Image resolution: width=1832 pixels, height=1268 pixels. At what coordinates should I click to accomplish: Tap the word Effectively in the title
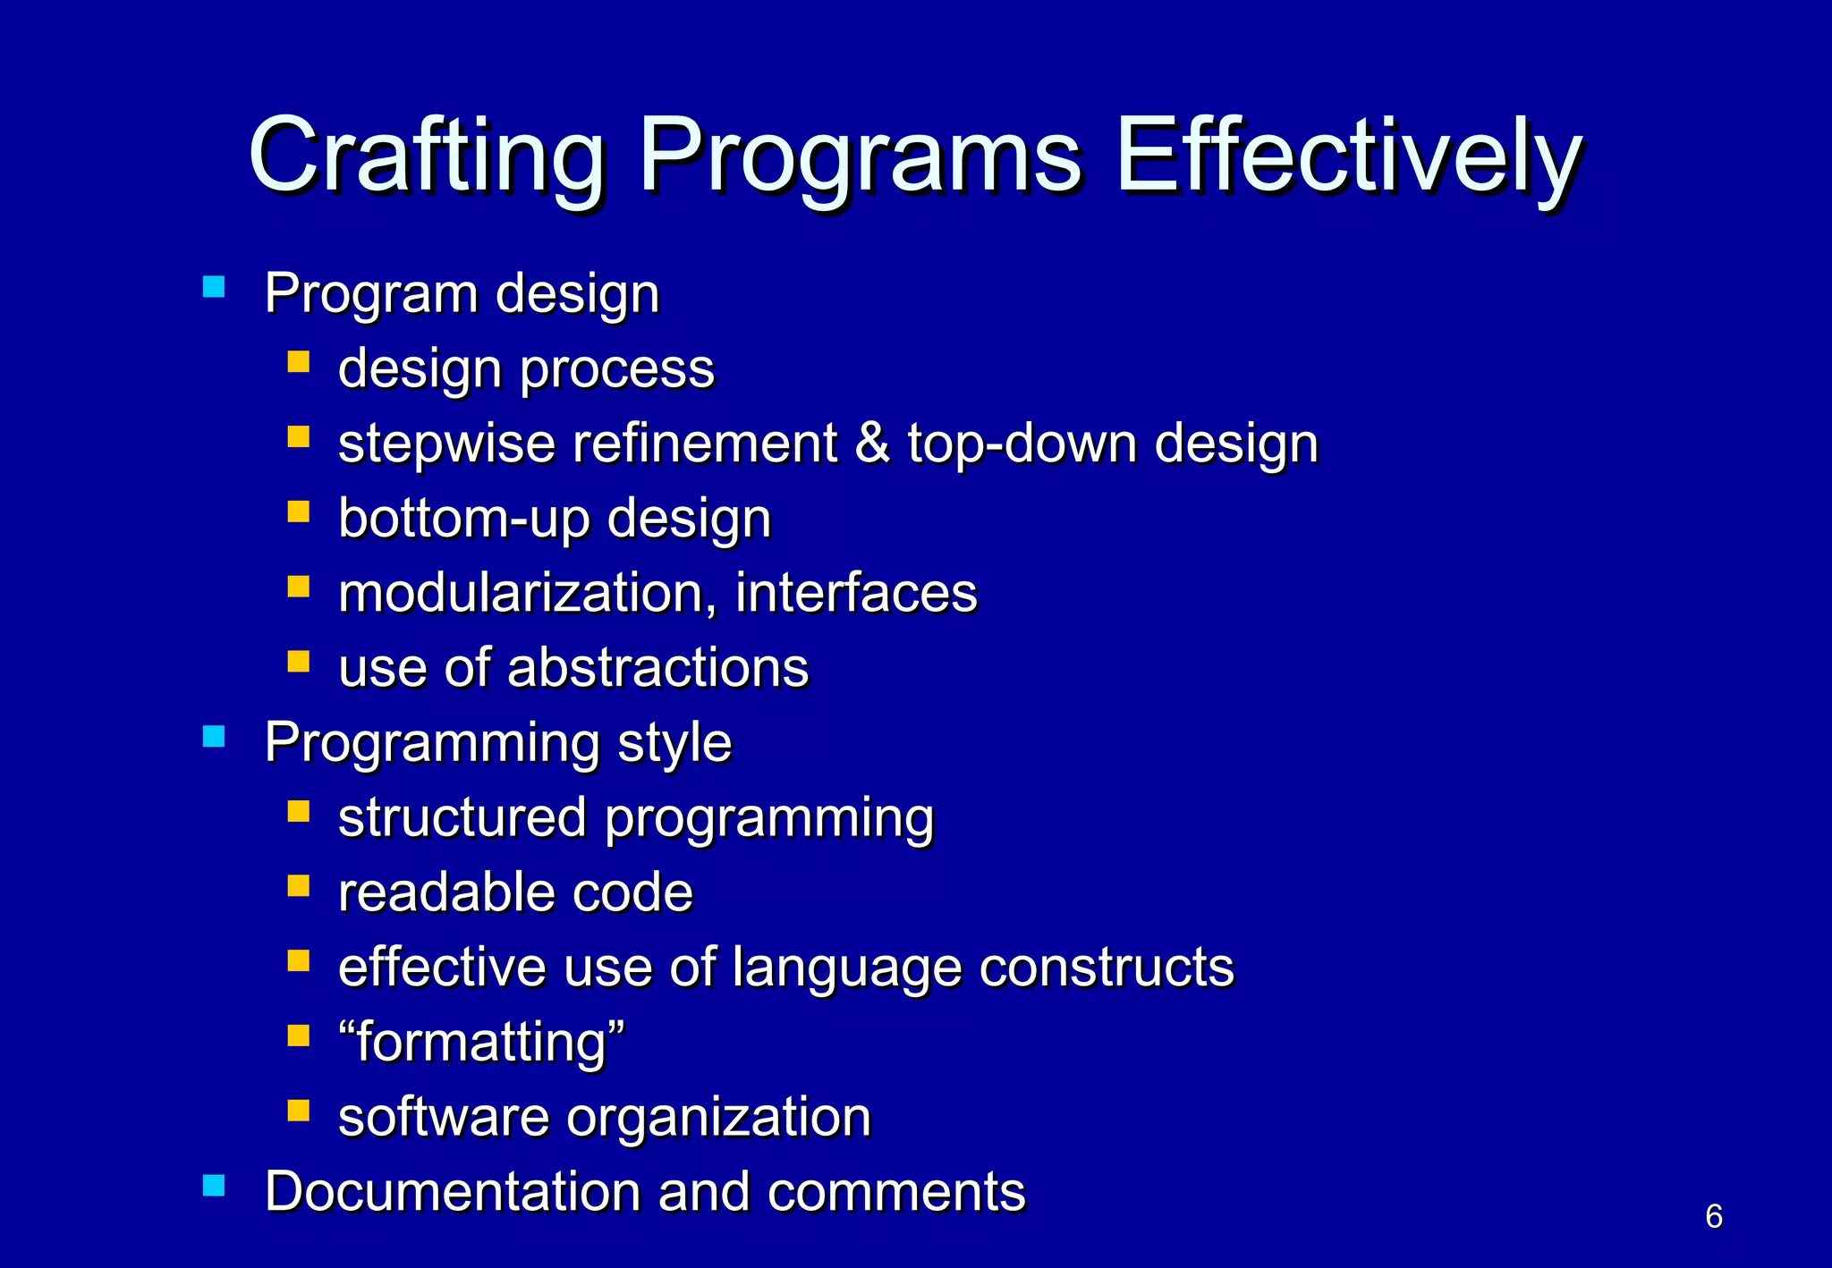pyautogui.click(x=1349, y=156)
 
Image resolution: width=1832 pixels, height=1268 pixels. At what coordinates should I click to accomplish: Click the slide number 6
pyautogui.click(x=1714, y=1216)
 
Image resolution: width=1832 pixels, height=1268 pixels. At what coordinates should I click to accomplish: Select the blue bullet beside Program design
pyautogui.click(x=214, y=286)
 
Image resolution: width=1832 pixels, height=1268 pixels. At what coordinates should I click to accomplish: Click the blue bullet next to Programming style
pyautogui.click(x=214, y=736)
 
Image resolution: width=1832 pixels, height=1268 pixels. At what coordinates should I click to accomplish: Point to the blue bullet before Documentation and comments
pyautogui.click(x=214, y=1185)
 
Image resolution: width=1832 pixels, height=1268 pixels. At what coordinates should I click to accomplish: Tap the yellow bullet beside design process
pyautogui.click(x=299, y=361)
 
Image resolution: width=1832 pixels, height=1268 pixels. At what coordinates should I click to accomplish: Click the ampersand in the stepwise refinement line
pyautogui.click(x=873, y=443)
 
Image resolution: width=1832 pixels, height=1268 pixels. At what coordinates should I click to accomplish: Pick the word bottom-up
pyautogui.click(x=463, y=519)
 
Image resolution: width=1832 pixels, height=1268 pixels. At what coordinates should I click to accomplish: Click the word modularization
pyautogui.click(x=526, y=593)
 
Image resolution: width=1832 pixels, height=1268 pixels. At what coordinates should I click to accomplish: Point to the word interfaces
pyautogui.click(x=856, y=593)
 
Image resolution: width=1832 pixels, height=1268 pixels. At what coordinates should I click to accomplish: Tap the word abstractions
pyautogui.click(x=657, y=668)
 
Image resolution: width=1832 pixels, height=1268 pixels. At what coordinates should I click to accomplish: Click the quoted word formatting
pyautogui.click(x=481, y=1043)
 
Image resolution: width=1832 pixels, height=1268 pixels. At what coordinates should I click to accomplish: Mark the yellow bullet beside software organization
pyautogui.click(x=299, y=1110)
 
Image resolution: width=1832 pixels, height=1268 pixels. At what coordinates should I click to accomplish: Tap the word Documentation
pyautogui.click(x=453, y=1192)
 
